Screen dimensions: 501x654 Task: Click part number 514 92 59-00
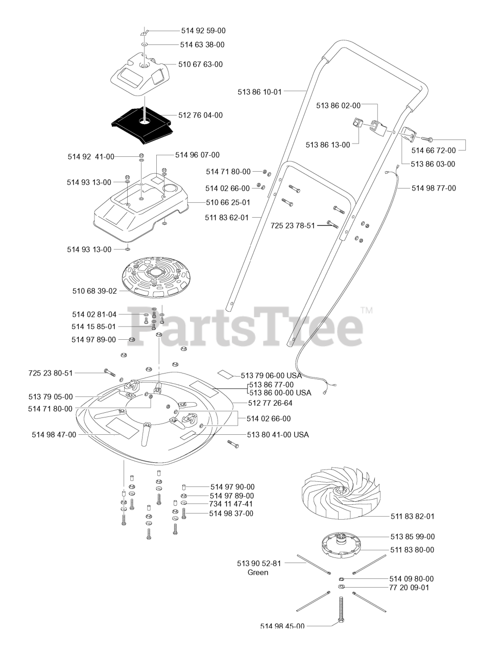click(x=203, y=31)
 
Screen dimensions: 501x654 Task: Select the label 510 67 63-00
click(x=201, y=64)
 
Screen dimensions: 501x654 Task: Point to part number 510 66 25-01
click(x=228, y=202)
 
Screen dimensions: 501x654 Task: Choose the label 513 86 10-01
click(x=259, y=92)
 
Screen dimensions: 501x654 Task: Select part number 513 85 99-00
click(x=413, y=536)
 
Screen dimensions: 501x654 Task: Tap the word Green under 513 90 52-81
click(x=258, y=572)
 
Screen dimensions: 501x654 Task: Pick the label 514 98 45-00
click(x=282, y=626)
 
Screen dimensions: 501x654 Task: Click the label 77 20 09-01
click(x=409, y=588)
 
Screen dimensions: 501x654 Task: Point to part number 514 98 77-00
click(x=434, y=188)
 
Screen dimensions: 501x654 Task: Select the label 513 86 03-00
click(x=433, y=164)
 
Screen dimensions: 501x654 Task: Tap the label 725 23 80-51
click(x=51, y=373)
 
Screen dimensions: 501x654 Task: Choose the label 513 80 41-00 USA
click(x=277, y=435)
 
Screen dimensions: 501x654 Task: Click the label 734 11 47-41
click(x=231, y=504)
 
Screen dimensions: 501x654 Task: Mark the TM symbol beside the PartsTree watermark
click(x=367, y=310)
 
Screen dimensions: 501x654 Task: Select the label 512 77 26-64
click(x=270, y=403)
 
